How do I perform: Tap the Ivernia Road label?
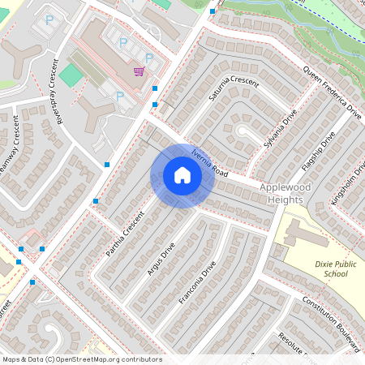pyautogui.click(x=210, y=162)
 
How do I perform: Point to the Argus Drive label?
pyautogui.click(x=161, y=258)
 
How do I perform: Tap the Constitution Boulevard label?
pyautogui.click(x=331, y=323)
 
